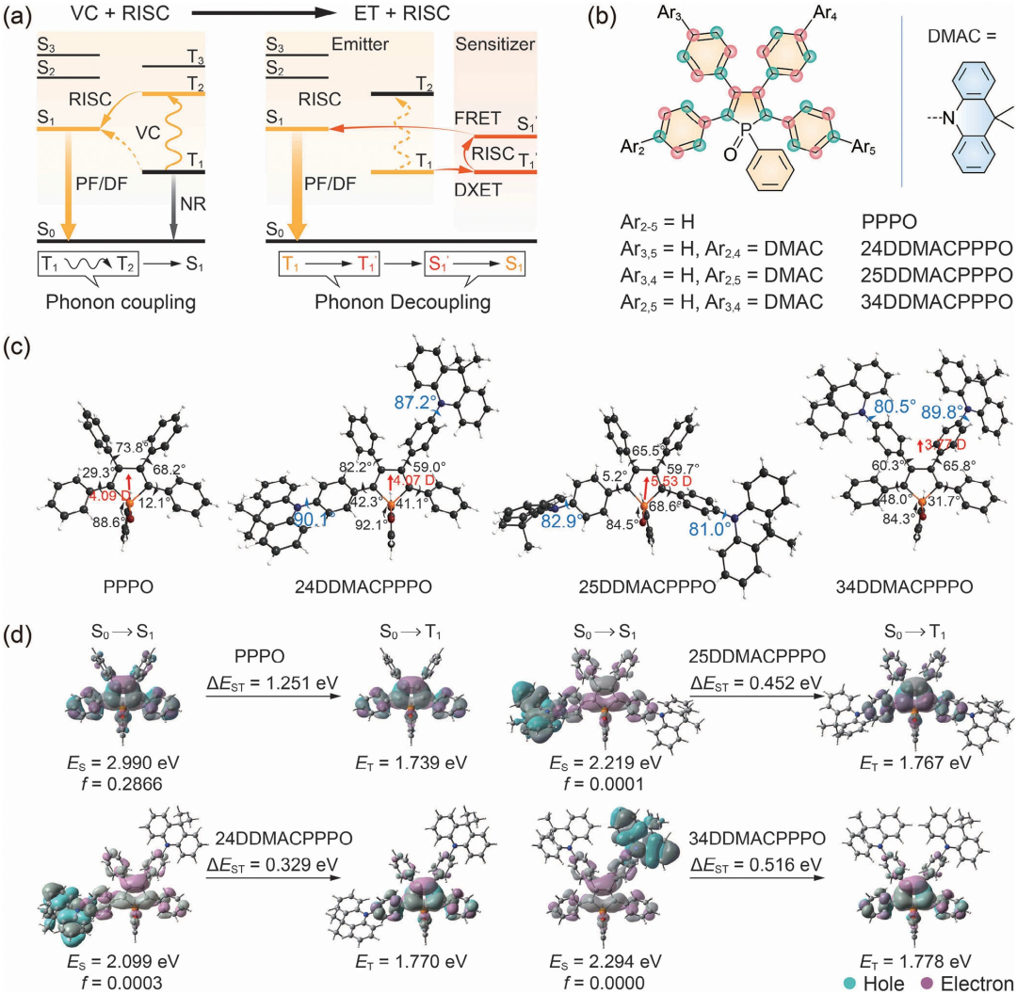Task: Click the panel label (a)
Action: (20, 15)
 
